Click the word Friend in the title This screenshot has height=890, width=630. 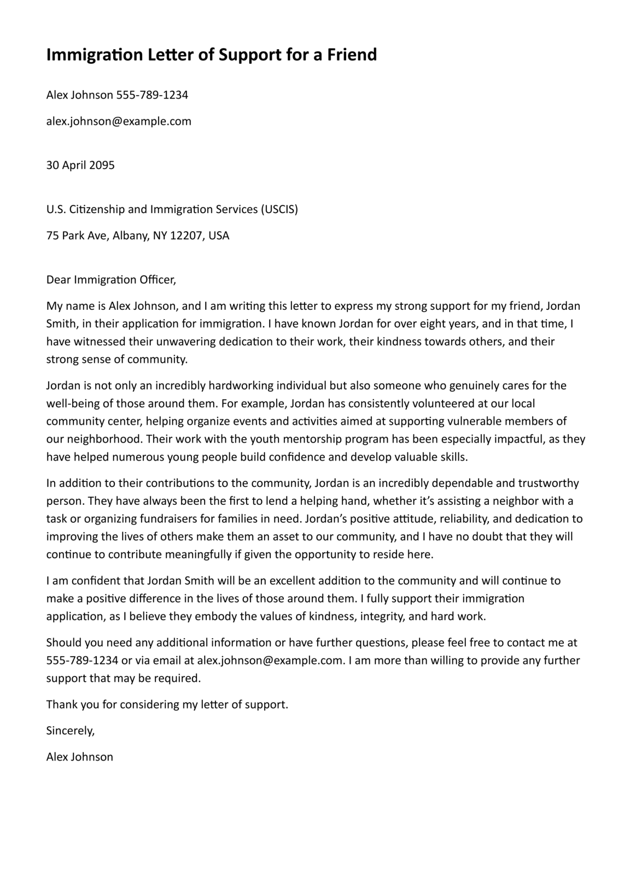(x=352, y=55)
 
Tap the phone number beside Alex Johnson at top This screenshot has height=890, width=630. (x=152, y=95)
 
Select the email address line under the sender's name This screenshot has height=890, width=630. (x=119, y=121)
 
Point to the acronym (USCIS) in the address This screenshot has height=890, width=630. (x=279, y=209)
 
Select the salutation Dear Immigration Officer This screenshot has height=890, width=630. (x=111, y=280)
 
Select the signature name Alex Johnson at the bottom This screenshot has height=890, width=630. (x=79, y=757)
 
